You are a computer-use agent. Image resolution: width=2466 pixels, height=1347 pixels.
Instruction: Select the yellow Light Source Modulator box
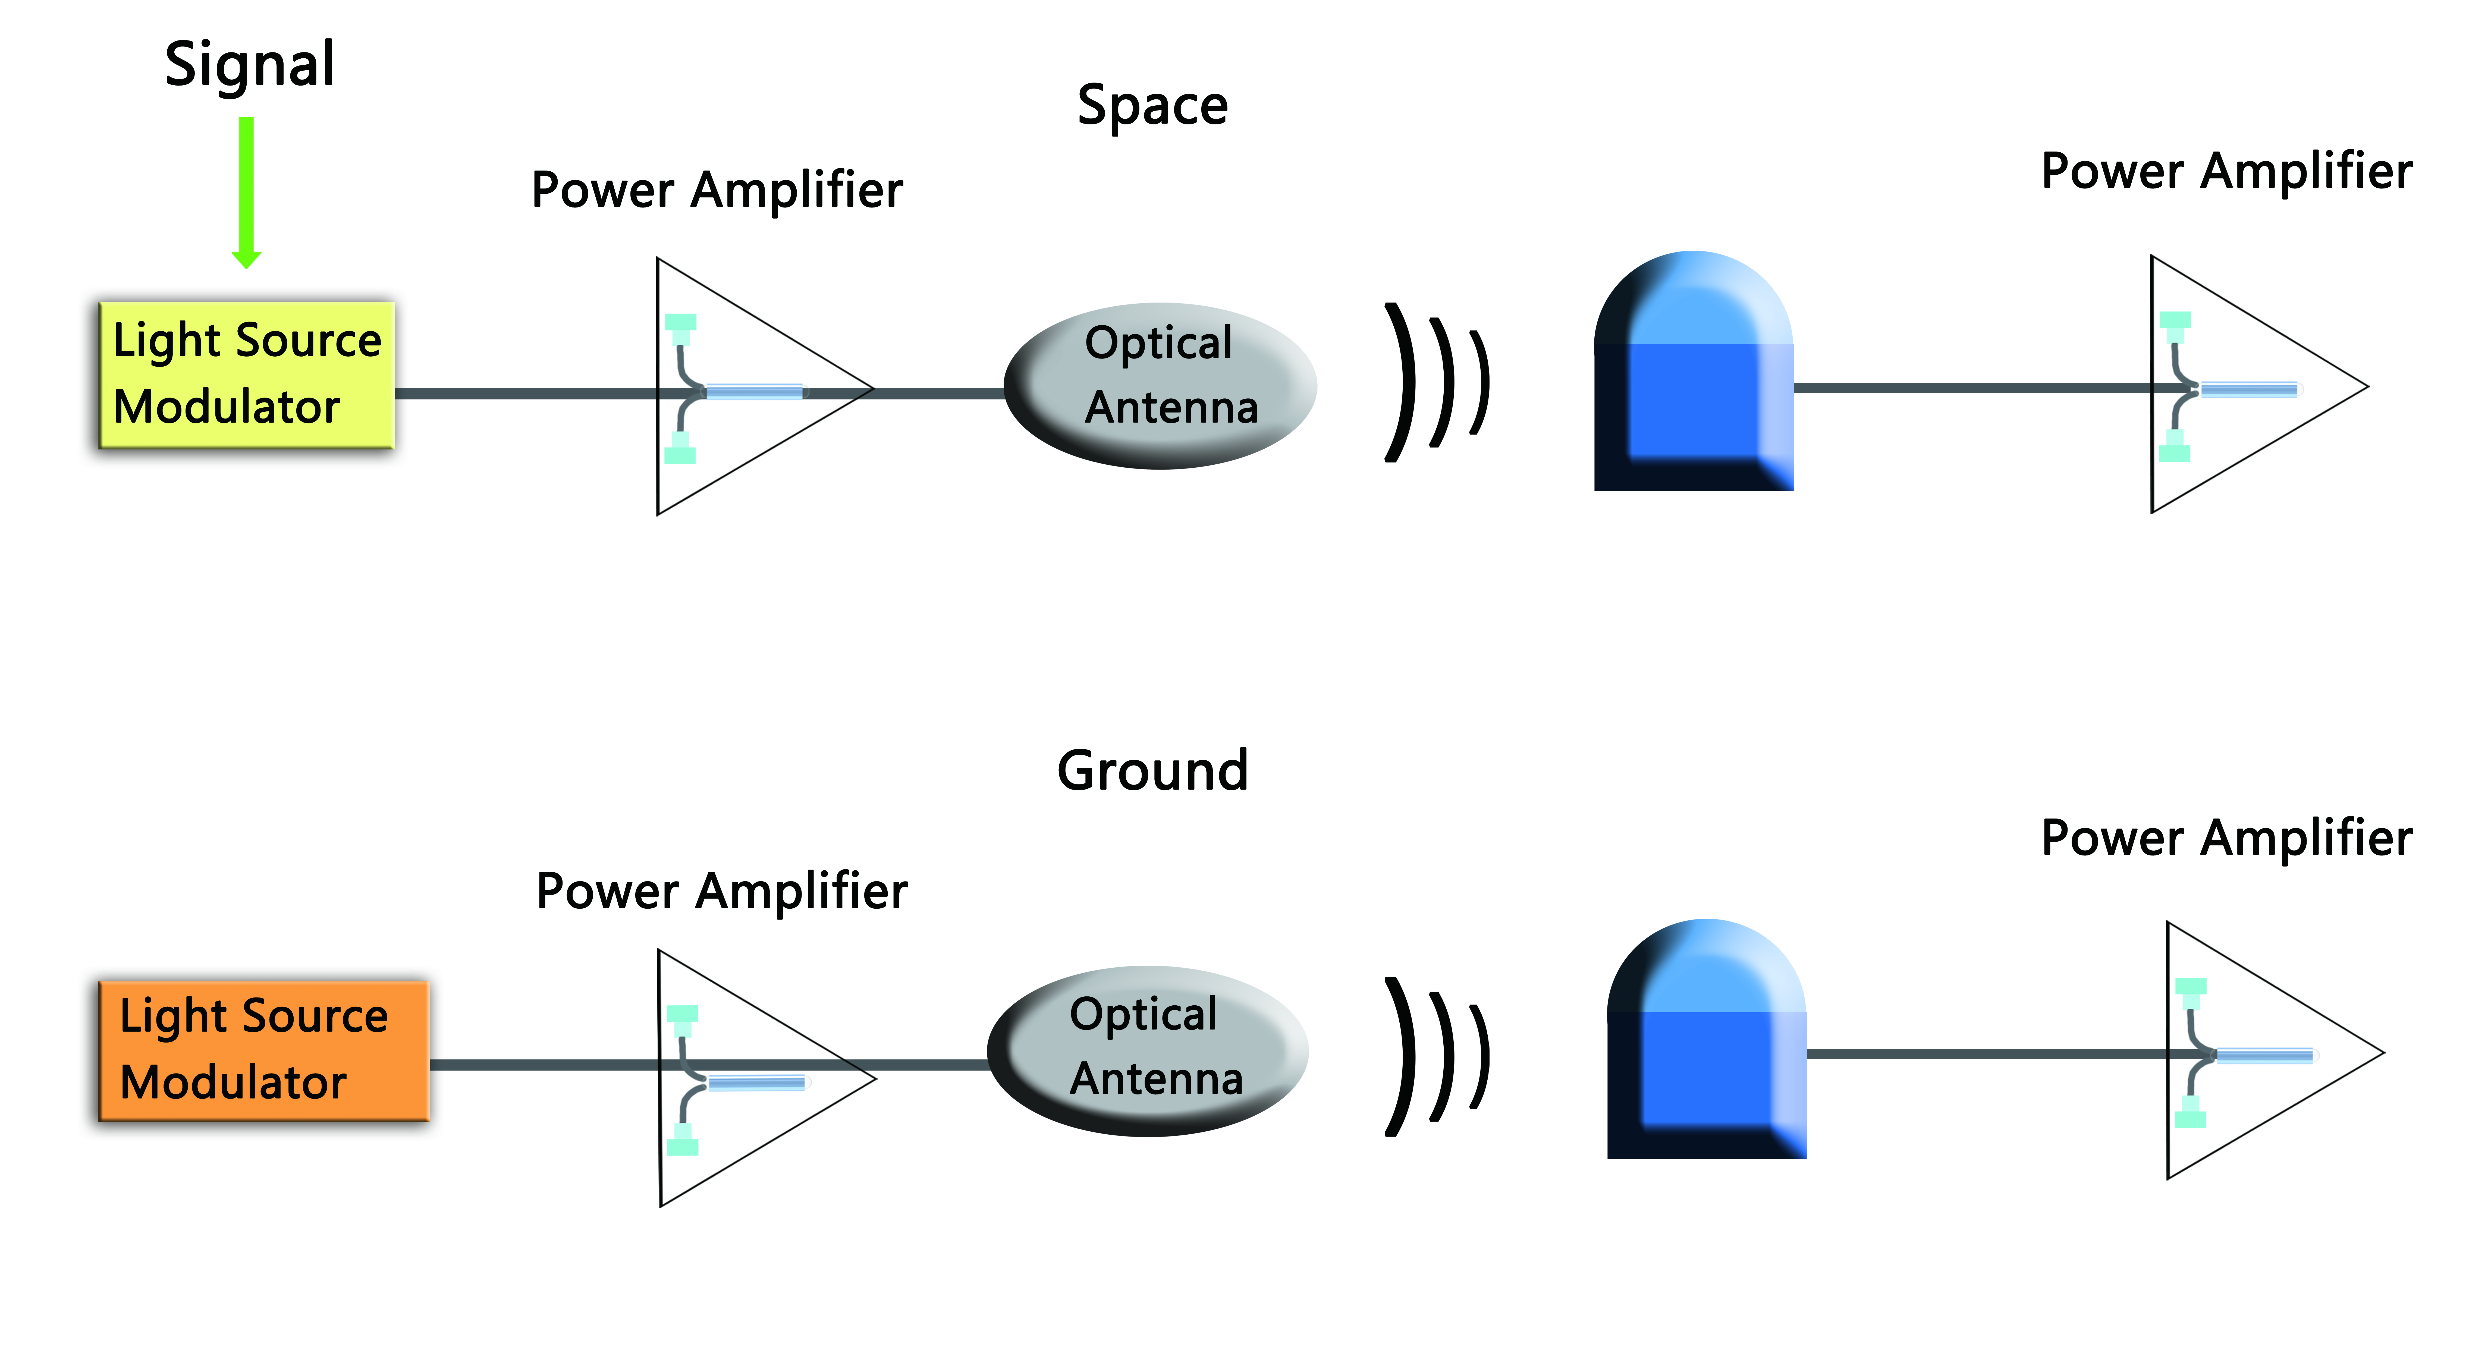(x=247, y=374)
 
